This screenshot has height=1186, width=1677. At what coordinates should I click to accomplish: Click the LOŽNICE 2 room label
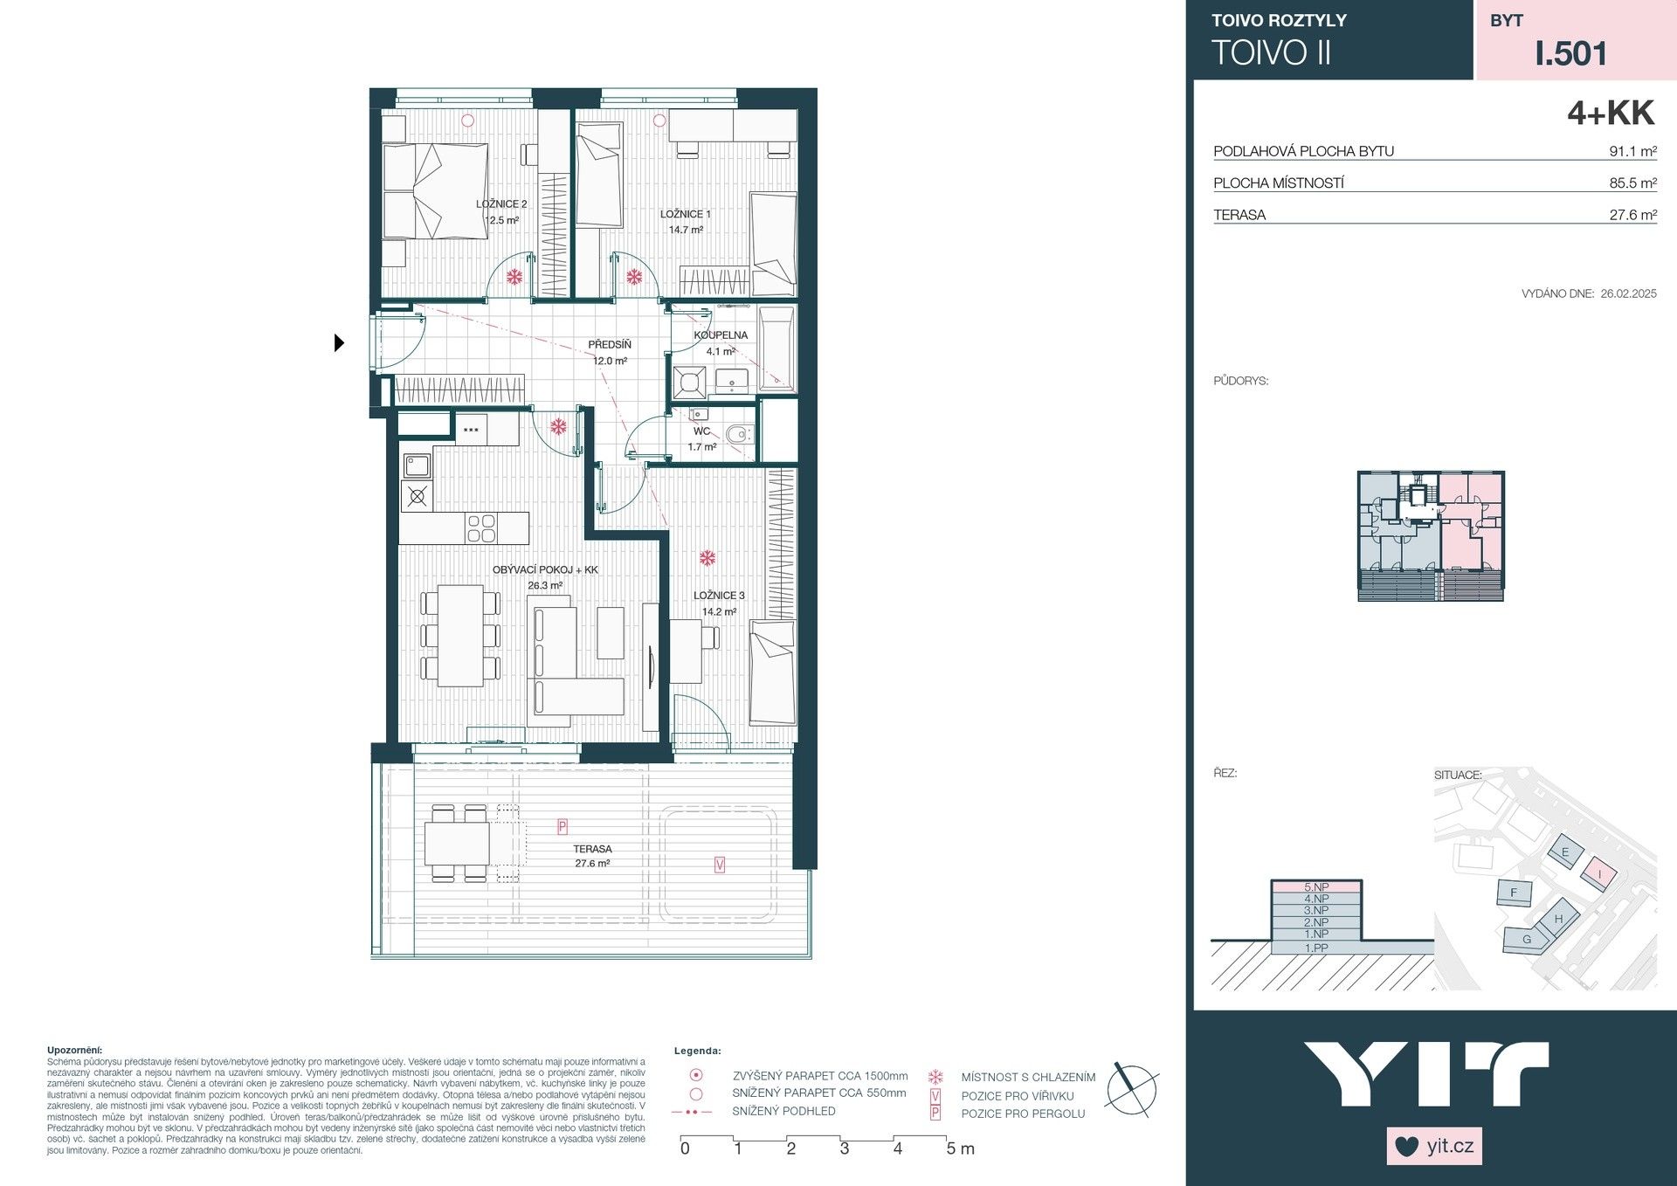501,204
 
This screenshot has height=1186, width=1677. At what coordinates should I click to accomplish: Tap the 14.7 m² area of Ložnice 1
686,231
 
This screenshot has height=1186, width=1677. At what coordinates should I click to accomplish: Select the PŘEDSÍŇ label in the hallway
610,345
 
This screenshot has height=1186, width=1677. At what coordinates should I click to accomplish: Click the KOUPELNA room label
721,335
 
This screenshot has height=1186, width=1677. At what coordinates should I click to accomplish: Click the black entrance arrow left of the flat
339,343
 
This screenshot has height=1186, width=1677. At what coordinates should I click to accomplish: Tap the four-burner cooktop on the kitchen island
481,528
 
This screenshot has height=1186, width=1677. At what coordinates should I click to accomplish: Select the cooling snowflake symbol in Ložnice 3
707,557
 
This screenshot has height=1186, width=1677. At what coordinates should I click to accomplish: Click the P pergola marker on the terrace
562,826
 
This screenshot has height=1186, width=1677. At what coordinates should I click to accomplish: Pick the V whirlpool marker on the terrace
720,865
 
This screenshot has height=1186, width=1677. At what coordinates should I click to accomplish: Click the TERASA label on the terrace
592,849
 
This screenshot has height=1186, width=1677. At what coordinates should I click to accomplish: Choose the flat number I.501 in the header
1571,53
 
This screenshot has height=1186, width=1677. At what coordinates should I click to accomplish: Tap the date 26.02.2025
1628,293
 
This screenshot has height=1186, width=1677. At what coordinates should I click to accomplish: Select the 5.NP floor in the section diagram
1315,887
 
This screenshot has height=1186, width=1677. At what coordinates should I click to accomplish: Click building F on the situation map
1515,893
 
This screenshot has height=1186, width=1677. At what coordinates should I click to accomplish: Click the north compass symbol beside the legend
1132,1090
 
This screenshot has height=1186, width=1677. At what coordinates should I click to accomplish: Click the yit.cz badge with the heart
1434,1146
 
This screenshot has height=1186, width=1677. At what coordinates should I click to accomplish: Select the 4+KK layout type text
1611,114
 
